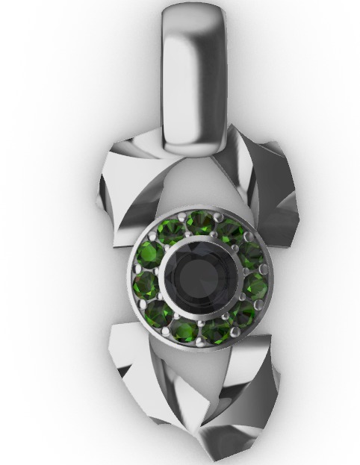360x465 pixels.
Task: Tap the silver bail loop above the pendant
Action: point(193,75)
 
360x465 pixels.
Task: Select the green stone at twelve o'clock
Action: point(199,222)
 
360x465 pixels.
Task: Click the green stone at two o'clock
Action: point(250,253)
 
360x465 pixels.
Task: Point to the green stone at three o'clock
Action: point(256,285)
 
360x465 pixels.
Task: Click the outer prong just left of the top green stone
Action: point(184,216)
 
